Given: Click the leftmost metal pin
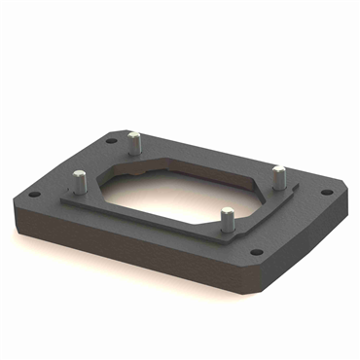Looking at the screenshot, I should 77,181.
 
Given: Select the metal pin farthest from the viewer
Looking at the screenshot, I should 133,142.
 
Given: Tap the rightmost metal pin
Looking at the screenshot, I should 278,176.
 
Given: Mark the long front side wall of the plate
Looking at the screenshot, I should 126,248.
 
